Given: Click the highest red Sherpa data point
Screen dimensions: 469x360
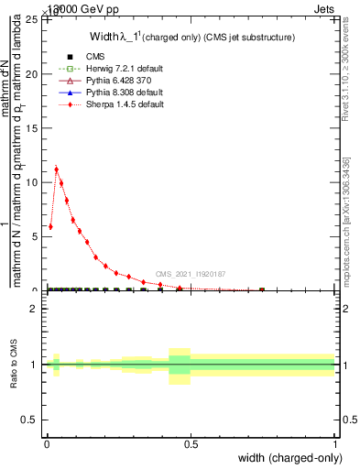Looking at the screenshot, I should [x=56, y=169].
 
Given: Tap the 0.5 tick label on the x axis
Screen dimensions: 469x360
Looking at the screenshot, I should [x=191, y=444].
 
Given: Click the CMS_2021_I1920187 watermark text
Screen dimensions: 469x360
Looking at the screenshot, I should [x=191, y=274].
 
